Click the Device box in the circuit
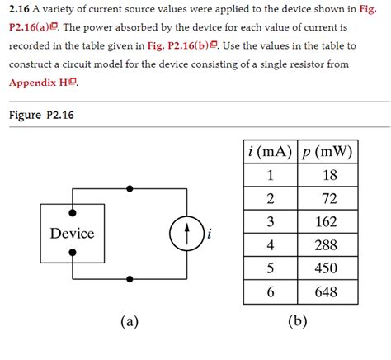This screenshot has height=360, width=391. [73, 234]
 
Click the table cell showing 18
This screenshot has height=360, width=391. [330, 175]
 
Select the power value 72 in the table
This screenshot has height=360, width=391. [330, 198]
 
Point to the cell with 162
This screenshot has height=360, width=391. [330, 221]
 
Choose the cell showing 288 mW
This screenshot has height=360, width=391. [330, 245]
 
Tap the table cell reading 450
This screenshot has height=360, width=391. [330, 268]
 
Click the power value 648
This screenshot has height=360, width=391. [330, 291]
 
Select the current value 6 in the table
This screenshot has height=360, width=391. [269, 291]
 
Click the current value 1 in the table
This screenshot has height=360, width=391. [269, 175]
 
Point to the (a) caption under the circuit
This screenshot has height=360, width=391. [129, 321]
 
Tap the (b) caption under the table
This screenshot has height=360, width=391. [298, 321]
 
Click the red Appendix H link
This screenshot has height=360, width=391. [40, 83]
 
